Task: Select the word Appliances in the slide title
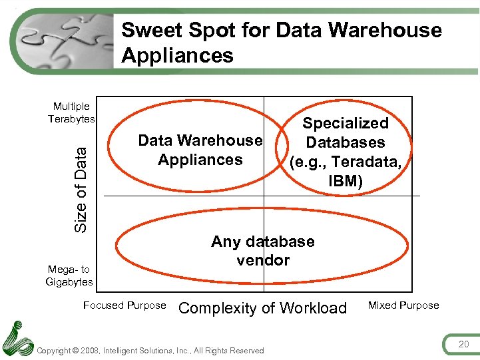(x=177, y=55)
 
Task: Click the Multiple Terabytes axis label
(x=71, y=112)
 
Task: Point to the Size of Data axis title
(x=81, y=190)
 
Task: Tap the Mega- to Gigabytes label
(x=69, y=275)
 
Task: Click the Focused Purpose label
(x=124, y=305)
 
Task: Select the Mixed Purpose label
(x=403, y=305)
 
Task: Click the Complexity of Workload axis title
(x=263, y=308)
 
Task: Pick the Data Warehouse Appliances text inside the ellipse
(x=200, y=150)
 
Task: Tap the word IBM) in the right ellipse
(x=346, y=181)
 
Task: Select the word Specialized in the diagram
(x=346, y=123)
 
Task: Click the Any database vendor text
(x=263, y=250)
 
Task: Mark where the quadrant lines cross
(x=264, y=196)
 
